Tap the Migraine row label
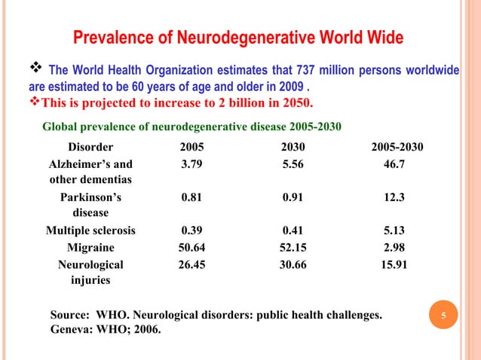coord(91,248)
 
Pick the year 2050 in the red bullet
coord(296,102)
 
